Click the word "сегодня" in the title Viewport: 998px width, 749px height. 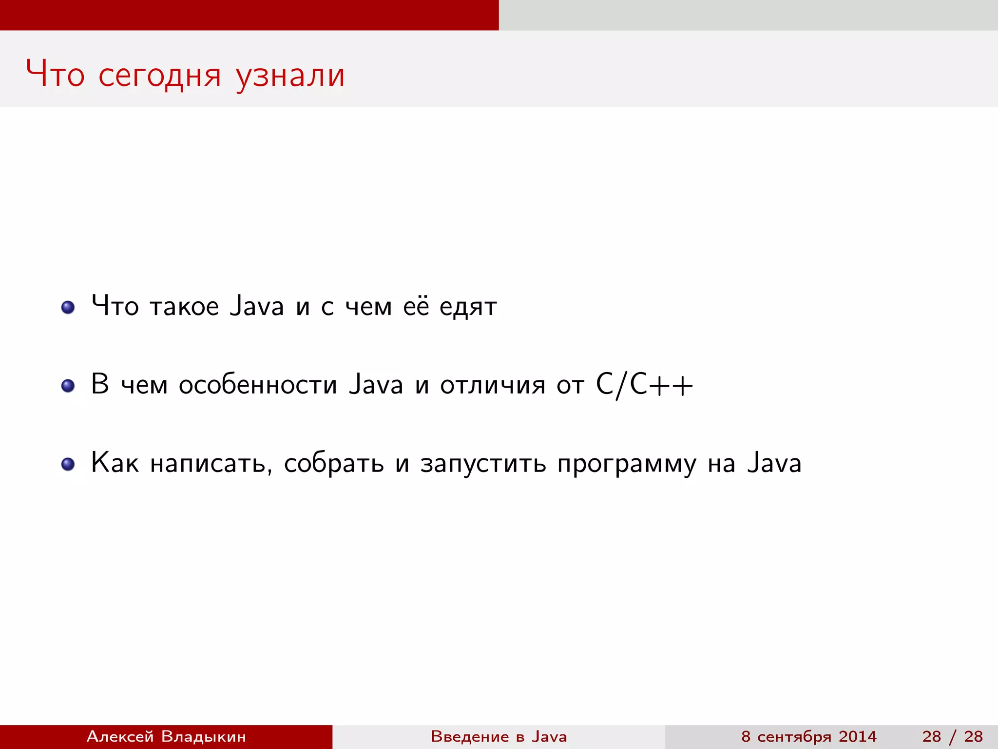(160, 75)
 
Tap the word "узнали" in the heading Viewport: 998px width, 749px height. (290, 75)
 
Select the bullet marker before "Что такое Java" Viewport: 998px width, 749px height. (68, 307)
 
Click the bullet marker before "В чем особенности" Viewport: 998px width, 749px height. (68, 386)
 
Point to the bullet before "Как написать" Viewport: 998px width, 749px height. (68, 464)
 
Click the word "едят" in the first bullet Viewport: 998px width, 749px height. (468, 307)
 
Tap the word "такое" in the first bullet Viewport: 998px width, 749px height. (184, 307)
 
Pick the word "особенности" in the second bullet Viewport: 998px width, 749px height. (258, 385)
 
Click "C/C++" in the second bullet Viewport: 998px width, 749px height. (644, 385)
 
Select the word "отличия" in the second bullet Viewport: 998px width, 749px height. (493, 385)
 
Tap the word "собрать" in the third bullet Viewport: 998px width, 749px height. (334, 464)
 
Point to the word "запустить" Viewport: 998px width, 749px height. (483, 464)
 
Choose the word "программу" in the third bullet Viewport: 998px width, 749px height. (627, 464)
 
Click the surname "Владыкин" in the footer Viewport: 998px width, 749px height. (203, 736)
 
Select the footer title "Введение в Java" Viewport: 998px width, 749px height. (499, 736)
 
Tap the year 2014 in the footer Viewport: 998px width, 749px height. (858, 736)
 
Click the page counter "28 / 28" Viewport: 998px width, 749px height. (952, 736)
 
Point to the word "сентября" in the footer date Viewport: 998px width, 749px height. (794, 736)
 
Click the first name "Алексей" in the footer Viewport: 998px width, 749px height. (120, 736)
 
